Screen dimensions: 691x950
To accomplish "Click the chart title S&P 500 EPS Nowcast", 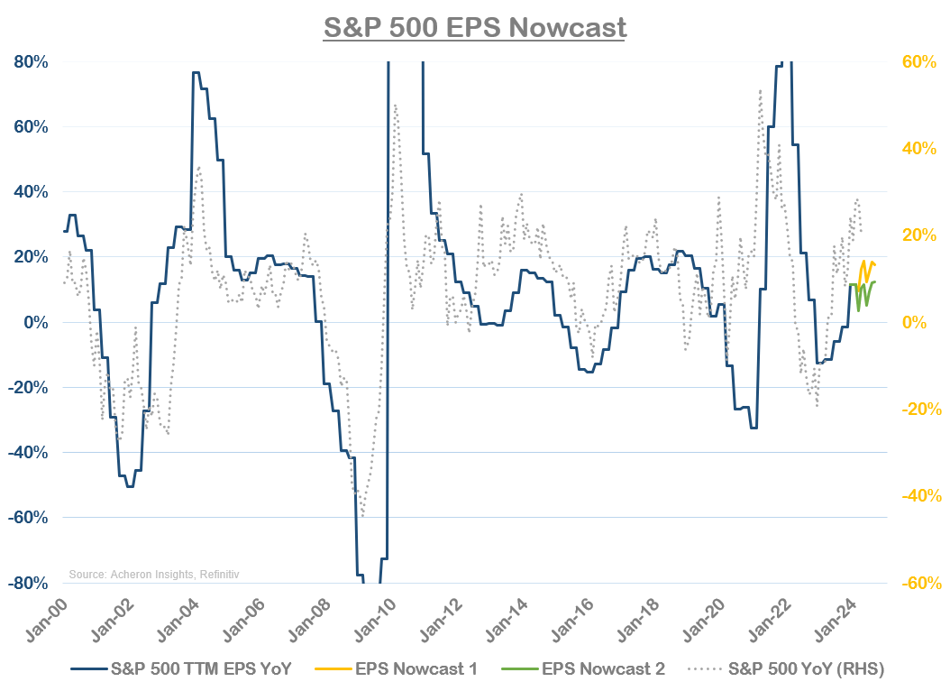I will tap(474, 26).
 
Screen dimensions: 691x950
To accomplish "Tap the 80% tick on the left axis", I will tap(31, 62).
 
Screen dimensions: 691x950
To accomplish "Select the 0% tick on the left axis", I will tap(35, 323).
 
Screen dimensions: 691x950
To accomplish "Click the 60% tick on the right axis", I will tap(919, 62).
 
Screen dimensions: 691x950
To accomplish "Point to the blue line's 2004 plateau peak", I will tap(196, 72).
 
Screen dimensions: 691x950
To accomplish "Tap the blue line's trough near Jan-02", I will tap(130, 486).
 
